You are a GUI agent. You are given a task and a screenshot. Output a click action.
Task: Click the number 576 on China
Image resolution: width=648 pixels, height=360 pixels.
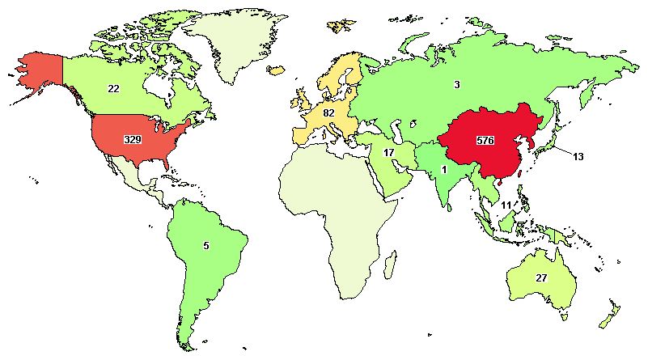(x=485, y=140)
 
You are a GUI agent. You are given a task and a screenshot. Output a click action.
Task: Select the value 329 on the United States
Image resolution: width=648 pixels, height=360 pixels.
(x=133, y=140)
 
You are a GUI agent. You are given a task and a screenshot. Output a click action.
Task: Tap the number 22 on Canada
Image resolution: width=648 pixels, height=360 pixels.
(x=114, y=88)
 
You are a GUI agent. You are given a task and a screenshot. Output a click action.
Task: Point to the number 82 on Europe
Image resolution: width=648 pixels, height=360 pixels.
(x=328, y=112)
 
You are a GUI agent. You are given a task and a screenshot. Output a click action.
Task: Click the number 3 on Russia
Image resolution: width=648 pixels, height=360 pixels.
(x=457, y=85)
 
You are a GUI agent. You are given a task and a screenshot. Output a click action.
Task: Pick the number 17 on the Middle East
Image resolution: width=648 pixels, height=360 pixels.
(x=389, y=153)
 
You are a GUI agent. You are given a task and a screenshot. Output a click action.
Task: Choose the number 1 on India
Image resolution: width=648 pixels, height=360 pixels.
(x=444, y=170)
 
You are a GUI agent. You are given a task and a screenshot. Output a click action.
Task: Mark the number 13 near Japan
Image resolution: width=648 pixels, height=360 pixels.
(x=577, y=156)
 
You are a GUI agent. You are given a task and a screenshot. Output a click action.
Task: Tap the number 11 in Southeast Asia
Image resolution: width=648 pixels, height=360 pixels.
(x=506, y=205)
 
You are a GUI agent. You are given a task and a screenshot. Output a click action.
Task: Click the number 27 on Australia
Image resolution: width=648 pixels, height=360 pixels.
(x=542, y=277)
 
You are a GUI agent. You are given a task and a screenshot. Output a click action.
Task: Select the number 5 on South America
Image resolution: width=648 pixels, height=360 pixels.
(x=205, y=245)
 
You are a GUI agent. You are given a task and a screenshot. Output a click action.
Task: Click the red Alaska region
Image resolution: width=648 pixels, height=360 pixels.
(x=36, y=73)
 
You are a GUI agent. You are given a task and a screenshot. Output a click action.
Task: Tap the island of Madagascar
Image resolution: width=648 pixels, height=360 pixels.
(x=391, y=263)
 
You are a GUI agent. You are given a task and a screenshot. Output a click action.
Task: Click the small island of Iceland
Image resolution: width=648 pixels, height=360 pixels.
(x=277, y=72)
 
